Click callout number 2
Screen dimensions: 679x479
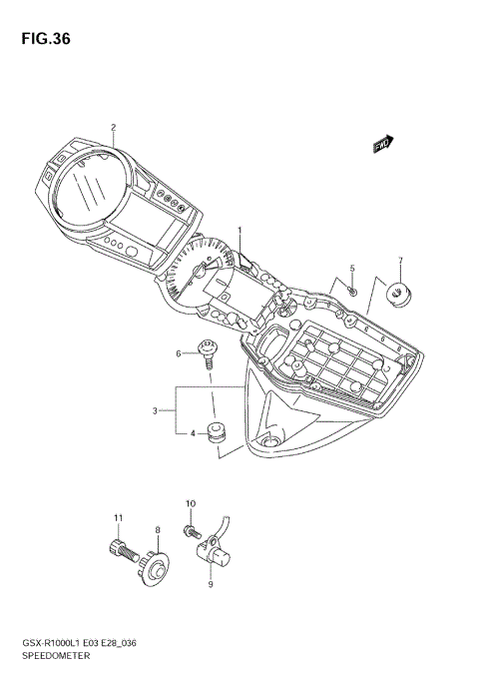coord(113,127)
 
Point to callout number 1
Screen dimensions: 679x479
coord(239,231)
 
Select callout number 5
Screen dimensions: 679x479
coord(351,269)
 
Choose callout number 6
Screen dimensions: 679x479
coord(181,353)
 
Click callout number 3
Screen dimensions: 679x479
coord(156,409)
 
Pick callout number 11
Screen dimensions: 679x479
coord(117,517)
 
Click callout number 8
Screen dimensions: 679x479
coord(157,530)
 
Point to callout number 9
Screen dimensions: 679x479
coord(210,585)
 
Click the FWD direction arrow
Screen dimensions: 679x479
coord(384,145)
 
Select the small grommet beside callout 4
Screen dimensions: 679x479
coord(213,432)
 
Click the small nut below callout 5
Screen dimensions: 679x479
coord(353,290)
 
